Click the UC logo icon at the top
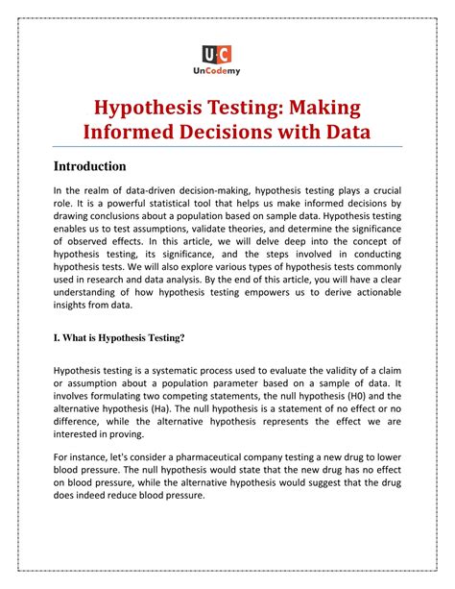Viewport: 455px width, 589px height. coord(227,55)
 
